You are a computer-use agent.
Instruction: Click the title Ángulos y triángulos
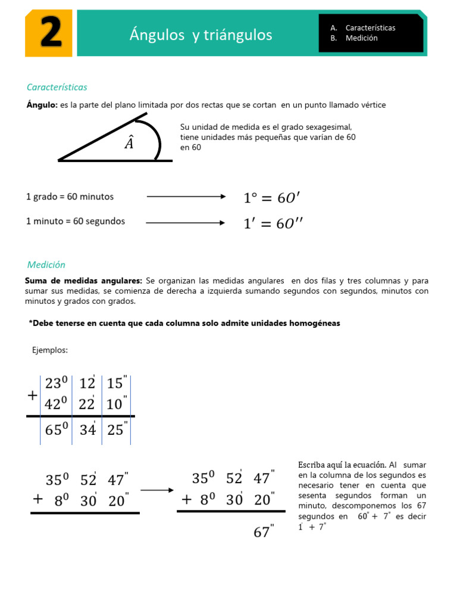click(201, 35)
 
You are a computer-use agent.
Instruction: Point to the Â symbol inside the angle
click(129, 143)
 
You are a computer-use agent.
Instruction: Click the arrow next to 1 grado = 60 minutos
click(186, 197)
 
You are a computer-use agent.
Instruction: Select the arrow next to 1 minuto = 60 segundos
click(186, 223)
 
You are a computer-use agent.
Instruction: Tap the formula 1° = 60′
click(276, 197)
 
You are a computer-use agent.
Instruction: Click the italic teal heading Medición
click(46, 264)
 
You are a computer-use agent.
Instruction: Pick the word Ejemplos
click(50, 350)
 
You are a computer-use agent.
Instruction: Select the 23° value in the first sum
click(57, 384)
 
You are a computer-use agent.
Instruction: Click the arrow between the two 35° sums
click(157, 490)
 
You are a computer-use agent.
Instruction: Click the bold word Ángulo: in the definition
click(42, 105)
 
